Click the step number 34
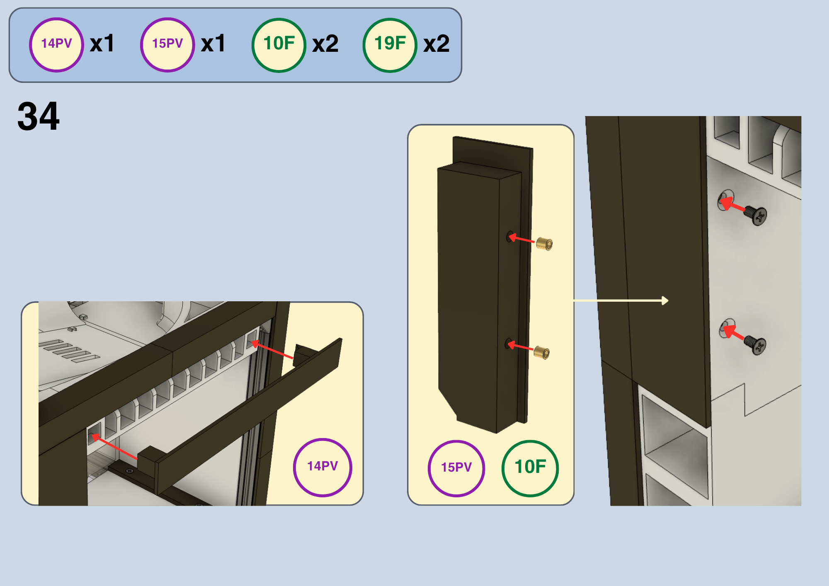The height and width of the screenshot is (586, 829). [39, 116]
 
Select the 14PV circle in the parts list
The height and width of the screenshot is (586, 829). [56, 45]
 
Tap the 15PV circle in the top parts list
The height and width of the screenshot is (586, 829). [167, 45]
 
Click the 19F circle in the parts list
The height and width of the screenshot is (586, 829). [390, 45]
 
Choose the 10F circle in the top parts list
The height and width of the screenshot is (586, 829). [279, 45]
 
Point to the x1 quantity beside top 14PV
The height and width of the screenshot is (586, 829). [102, 44]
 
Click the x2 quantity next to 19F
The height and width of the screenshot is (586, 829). [436, 44]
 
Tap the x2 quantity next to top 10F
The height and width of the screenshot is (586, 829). [325, 44]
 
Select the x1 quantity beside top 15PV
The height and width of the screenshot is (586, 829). [213, 44]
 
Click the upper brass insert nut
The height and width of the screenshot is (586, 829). [544, 244]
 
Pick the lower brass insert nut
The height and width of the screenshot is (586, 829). [542, 352]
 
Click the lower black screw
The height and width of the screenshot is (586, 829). [755, 345]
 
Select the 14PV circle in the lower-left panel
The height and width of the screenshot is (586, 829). [322, 467]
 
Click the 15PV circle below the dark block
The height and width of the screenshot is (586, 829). [456, 468]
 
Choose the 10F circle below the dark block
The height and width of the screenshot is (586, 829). [530, 468]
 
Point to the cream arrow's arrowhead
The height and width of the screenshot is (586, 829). [665, 300]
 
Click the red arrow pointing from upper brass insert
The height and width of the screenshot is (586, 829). [521, 238]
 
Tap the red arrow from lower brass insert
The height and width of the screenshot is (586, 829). [521, 346]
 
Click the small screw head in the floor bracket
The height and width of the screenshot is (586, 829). [130, 471]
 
